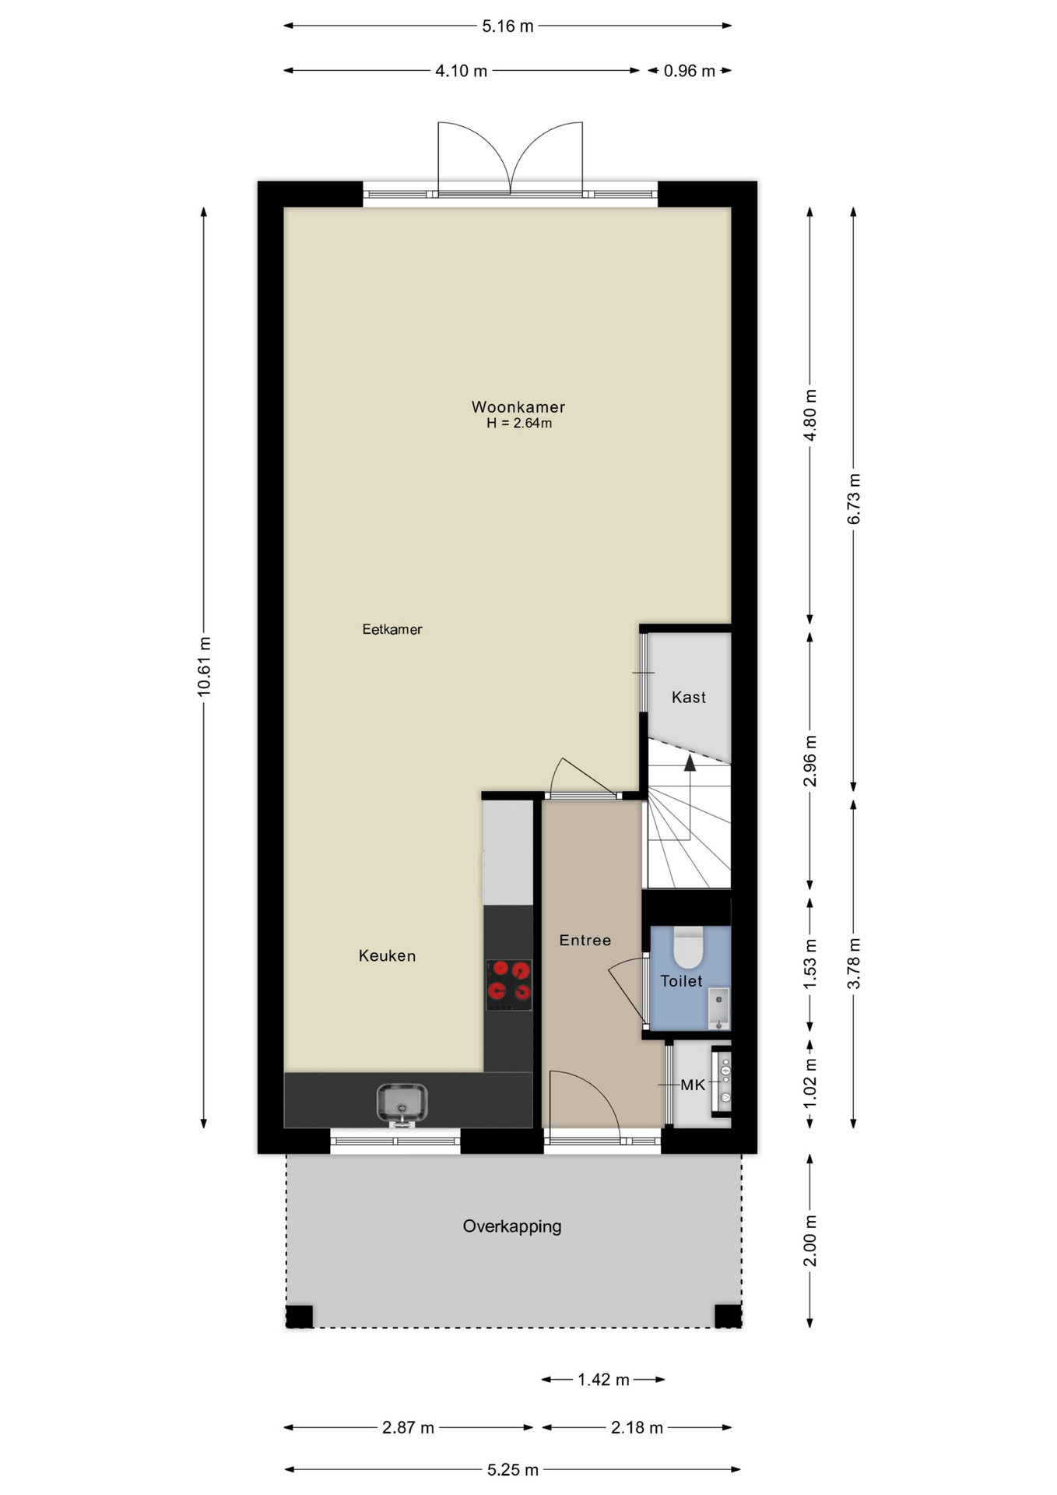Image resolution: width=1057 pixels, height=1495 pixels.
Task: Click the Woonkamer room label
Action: point(518,406)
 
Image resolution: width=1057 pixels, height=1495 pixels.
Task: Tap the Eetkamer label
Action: point(392,629)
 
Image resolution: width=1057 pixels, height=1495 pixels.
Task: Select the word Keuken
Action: point(387,955)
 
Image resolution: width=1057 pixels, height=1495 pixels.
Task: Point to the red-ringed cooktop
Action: point(509,985)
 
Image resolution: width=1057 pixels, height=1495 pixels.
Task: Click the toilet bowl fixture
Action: point(688,947)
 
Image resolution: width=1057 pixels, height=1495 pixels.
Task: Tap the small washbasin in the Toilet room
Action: point(718,1008)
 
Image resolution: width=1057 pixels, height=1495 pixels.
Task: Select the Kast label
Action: point(689,697)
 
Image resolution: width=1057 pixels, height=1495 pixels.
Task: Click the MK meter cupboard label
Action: point(693,1085)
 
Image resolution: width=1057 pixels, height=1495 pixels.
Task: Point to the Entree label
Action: point(585,940)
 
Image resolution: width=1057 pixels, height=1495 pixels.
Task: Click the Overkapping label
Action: point(512,1226)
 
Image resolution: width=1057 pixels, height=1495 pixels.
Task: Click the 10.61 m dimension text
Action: point(204,667)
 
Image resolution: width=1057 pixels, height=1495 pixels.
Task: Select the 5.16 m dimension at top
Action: point(507,26)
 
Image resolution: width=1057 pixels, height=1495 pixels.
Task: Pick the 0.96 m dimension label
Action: point(689,71)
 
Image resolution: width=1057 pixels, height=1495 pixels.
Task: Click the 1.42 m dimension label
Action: point(603,1380)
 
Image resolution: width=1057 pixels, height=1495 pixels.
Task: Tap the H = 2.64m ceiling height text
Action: point(519,424)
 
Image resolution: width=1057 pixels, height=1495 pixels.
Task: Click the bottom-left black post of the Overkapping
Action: point(300,1315)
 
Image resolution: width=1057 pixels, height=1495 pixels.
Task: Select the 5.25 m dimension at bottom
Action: point(512,1469)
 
